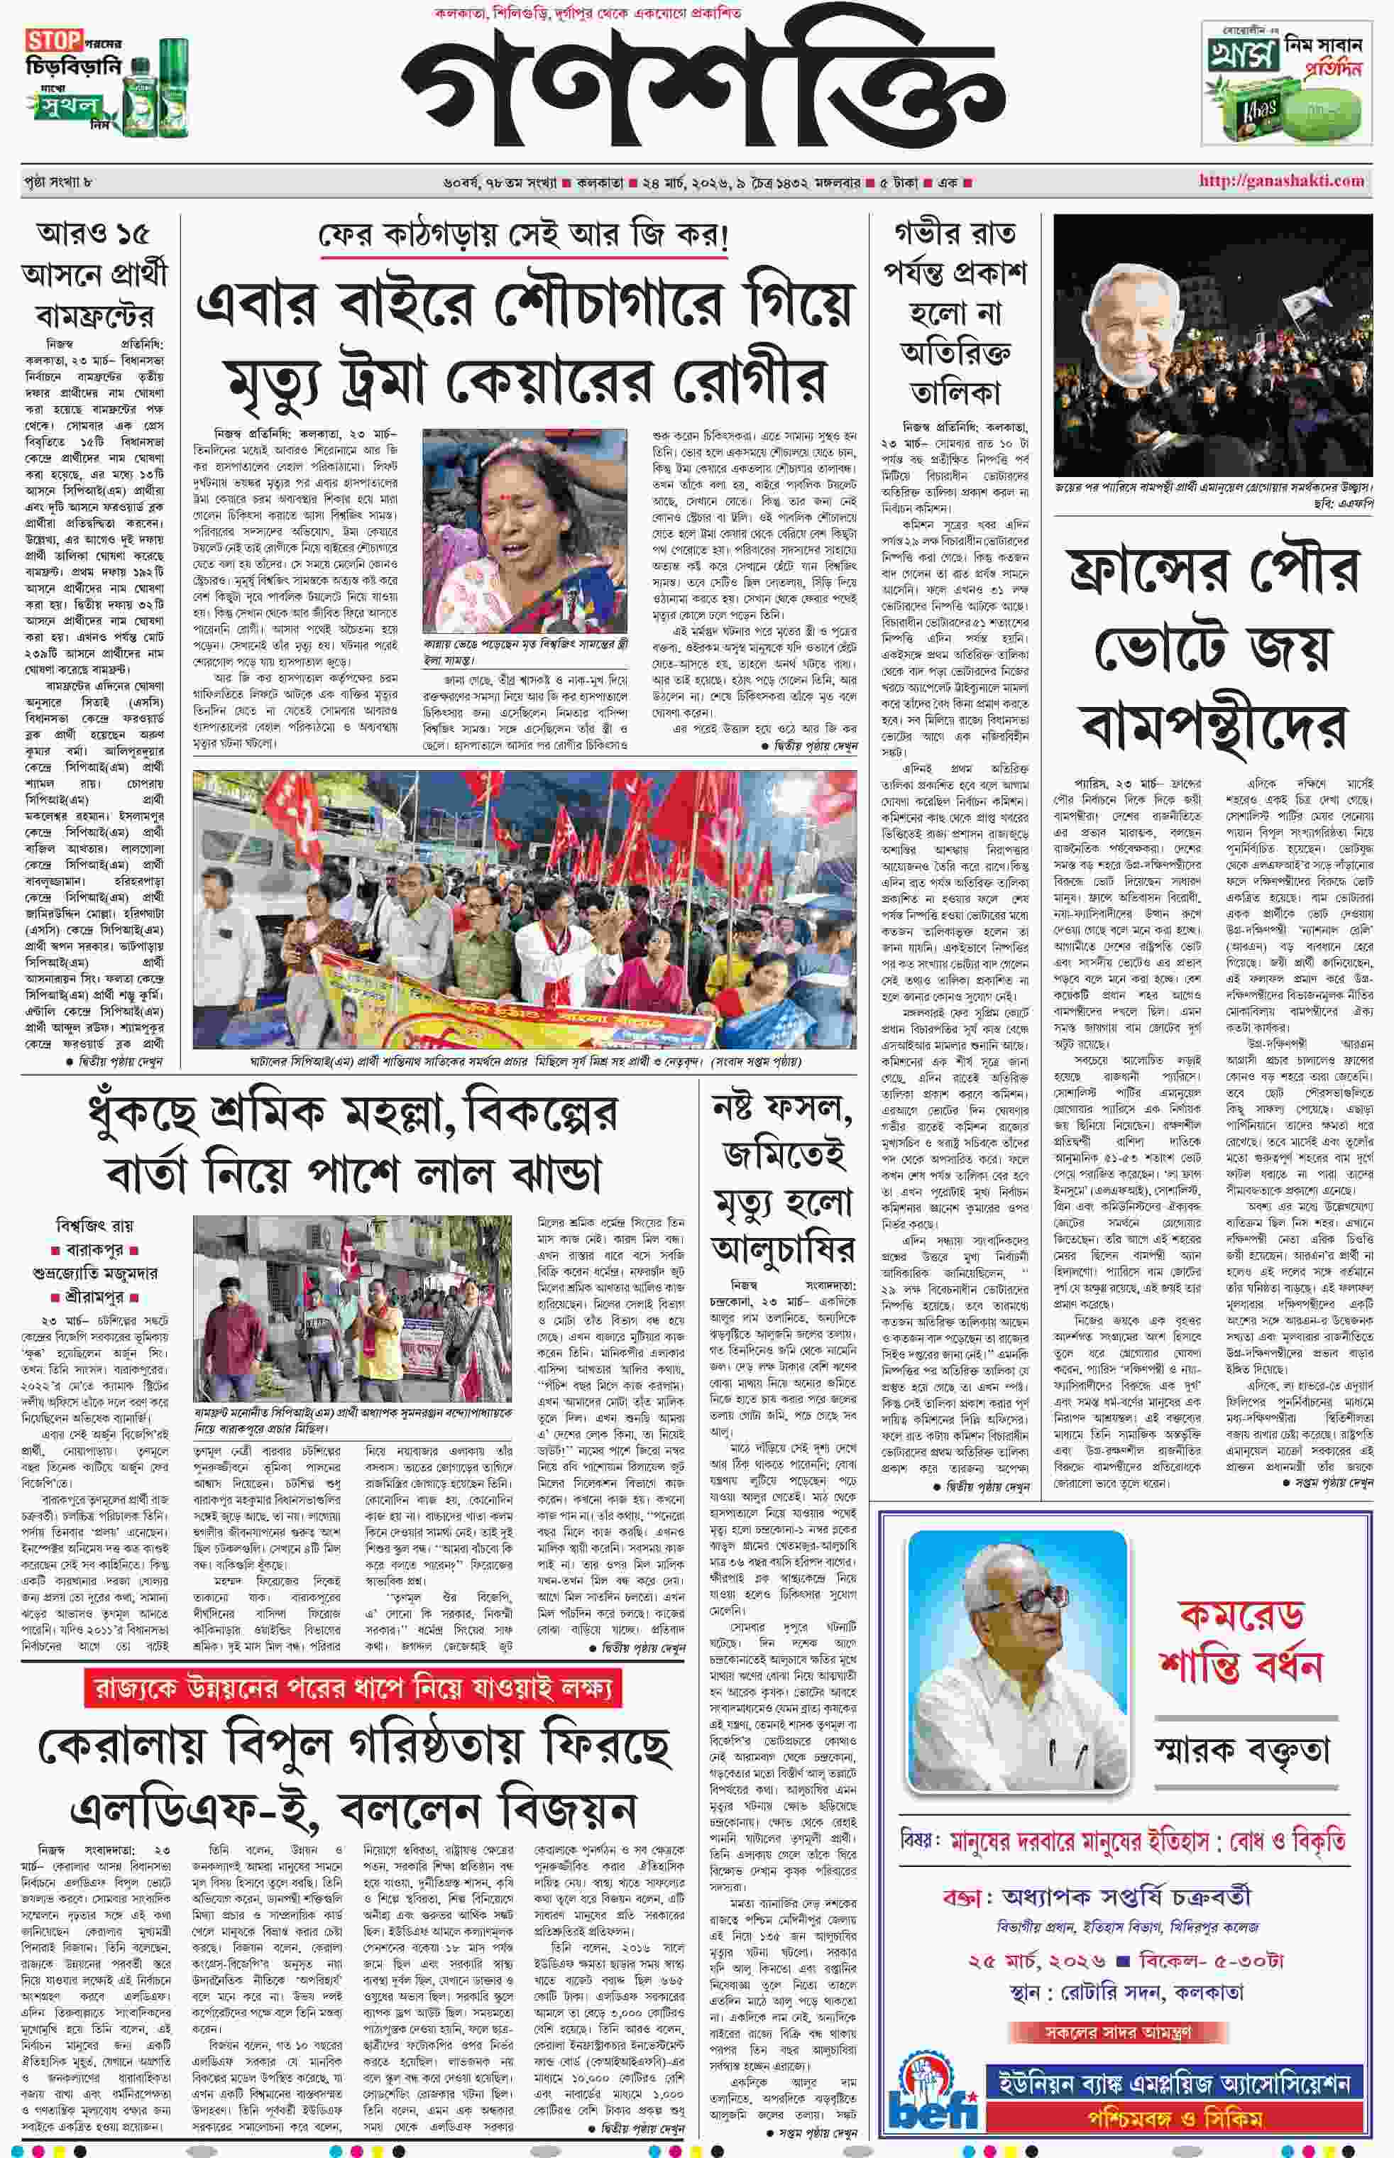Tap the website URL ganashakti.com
[x=1281, y=180]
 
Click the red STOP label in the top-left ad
[x=53, y=40]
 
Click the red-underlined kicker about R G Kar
[x=523, y=236]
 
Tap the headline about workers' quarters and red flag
[x=353, y=1144]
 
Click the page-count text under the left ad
[x=59, y=182]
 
